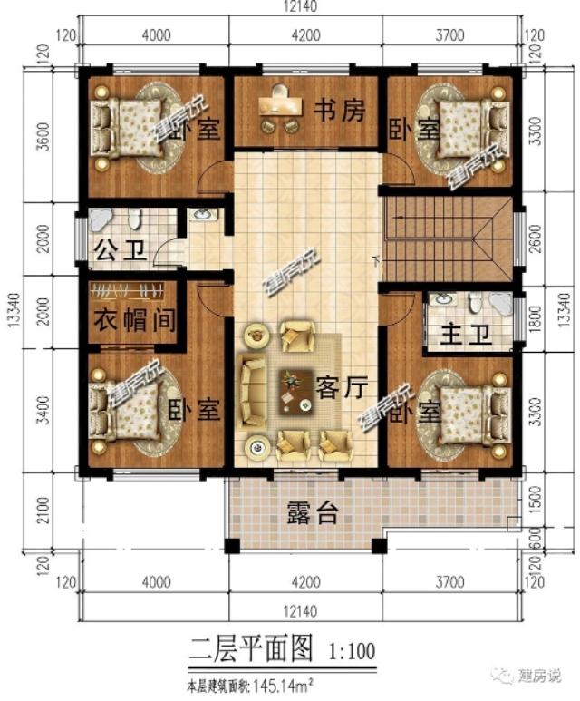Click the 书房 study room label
pos(340,111)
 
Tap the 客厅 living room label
pos(342,388)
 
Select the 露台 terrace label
pos(312,514)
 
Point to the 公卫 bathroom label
pos(120,248)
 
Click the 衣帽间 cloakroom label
pos(135,320)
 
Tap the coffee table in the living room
pos(293,390)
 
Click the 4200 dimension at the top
pos(305,36)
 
